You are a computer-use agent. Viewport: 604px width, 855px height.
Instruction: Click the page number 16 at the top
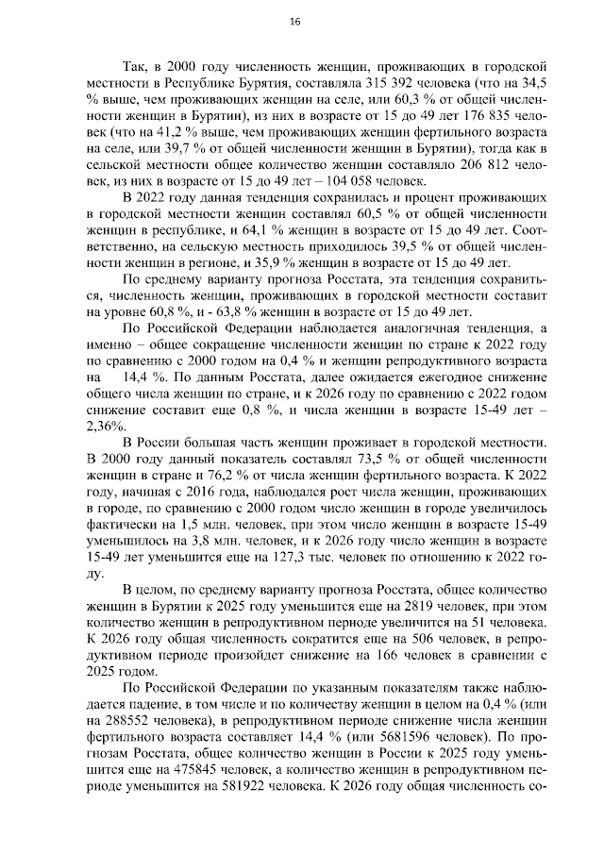294,22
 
